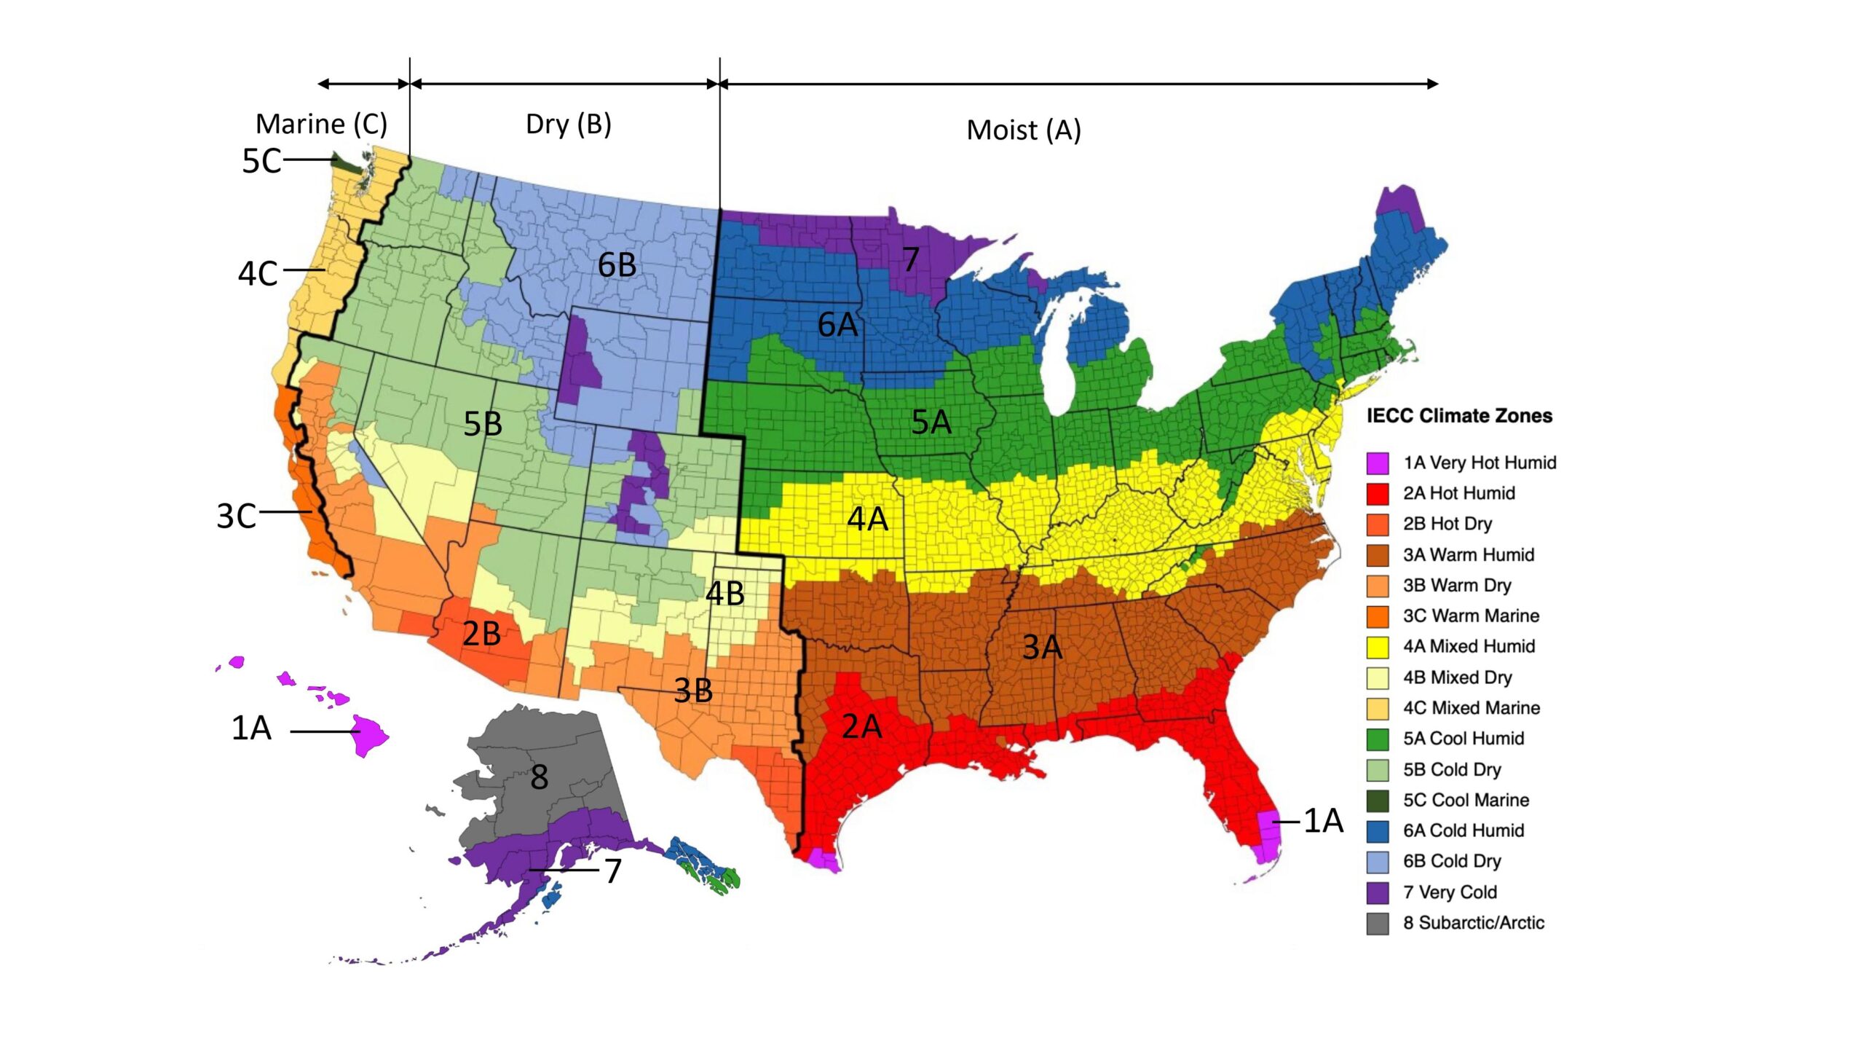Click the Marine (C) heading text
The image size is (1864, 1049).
(321, 124)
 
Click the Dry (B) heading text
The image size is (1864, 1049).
(568, 124)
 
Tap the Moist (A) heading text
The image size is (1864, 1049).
(1023, 130)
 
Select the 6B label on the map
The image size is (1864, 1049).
(617, 265)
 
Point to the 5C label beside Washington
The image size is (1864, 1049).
(261, 161)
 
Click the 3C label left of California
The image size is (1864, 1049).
(236, 516)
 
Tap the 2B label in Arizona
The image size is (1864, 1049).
(481, 634)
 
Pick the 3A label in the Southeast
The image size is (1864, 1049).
(1042, 647)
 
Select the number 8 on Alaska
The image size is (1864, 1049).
(539, 777)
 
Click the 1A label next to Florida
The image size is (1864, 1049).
(1323, 821)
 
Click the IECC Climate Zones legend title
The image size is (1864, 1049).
(1459, 416)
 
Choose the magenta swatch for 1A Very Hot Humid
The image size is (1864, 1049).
(1378, 463)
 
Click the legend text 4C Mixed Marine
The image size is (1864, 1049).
(1471, 708)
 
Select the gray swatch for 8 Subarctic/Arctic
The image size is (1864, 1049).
(1378, 924)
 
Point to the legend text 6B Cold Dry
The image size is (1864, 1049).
(1452, 861)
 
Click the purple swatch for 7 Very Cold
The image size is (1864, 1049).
(1378, 892)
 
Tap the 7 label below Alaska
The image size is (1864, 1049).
(613, 871)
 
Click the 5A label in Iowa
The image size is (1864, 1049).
(931, 423)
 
